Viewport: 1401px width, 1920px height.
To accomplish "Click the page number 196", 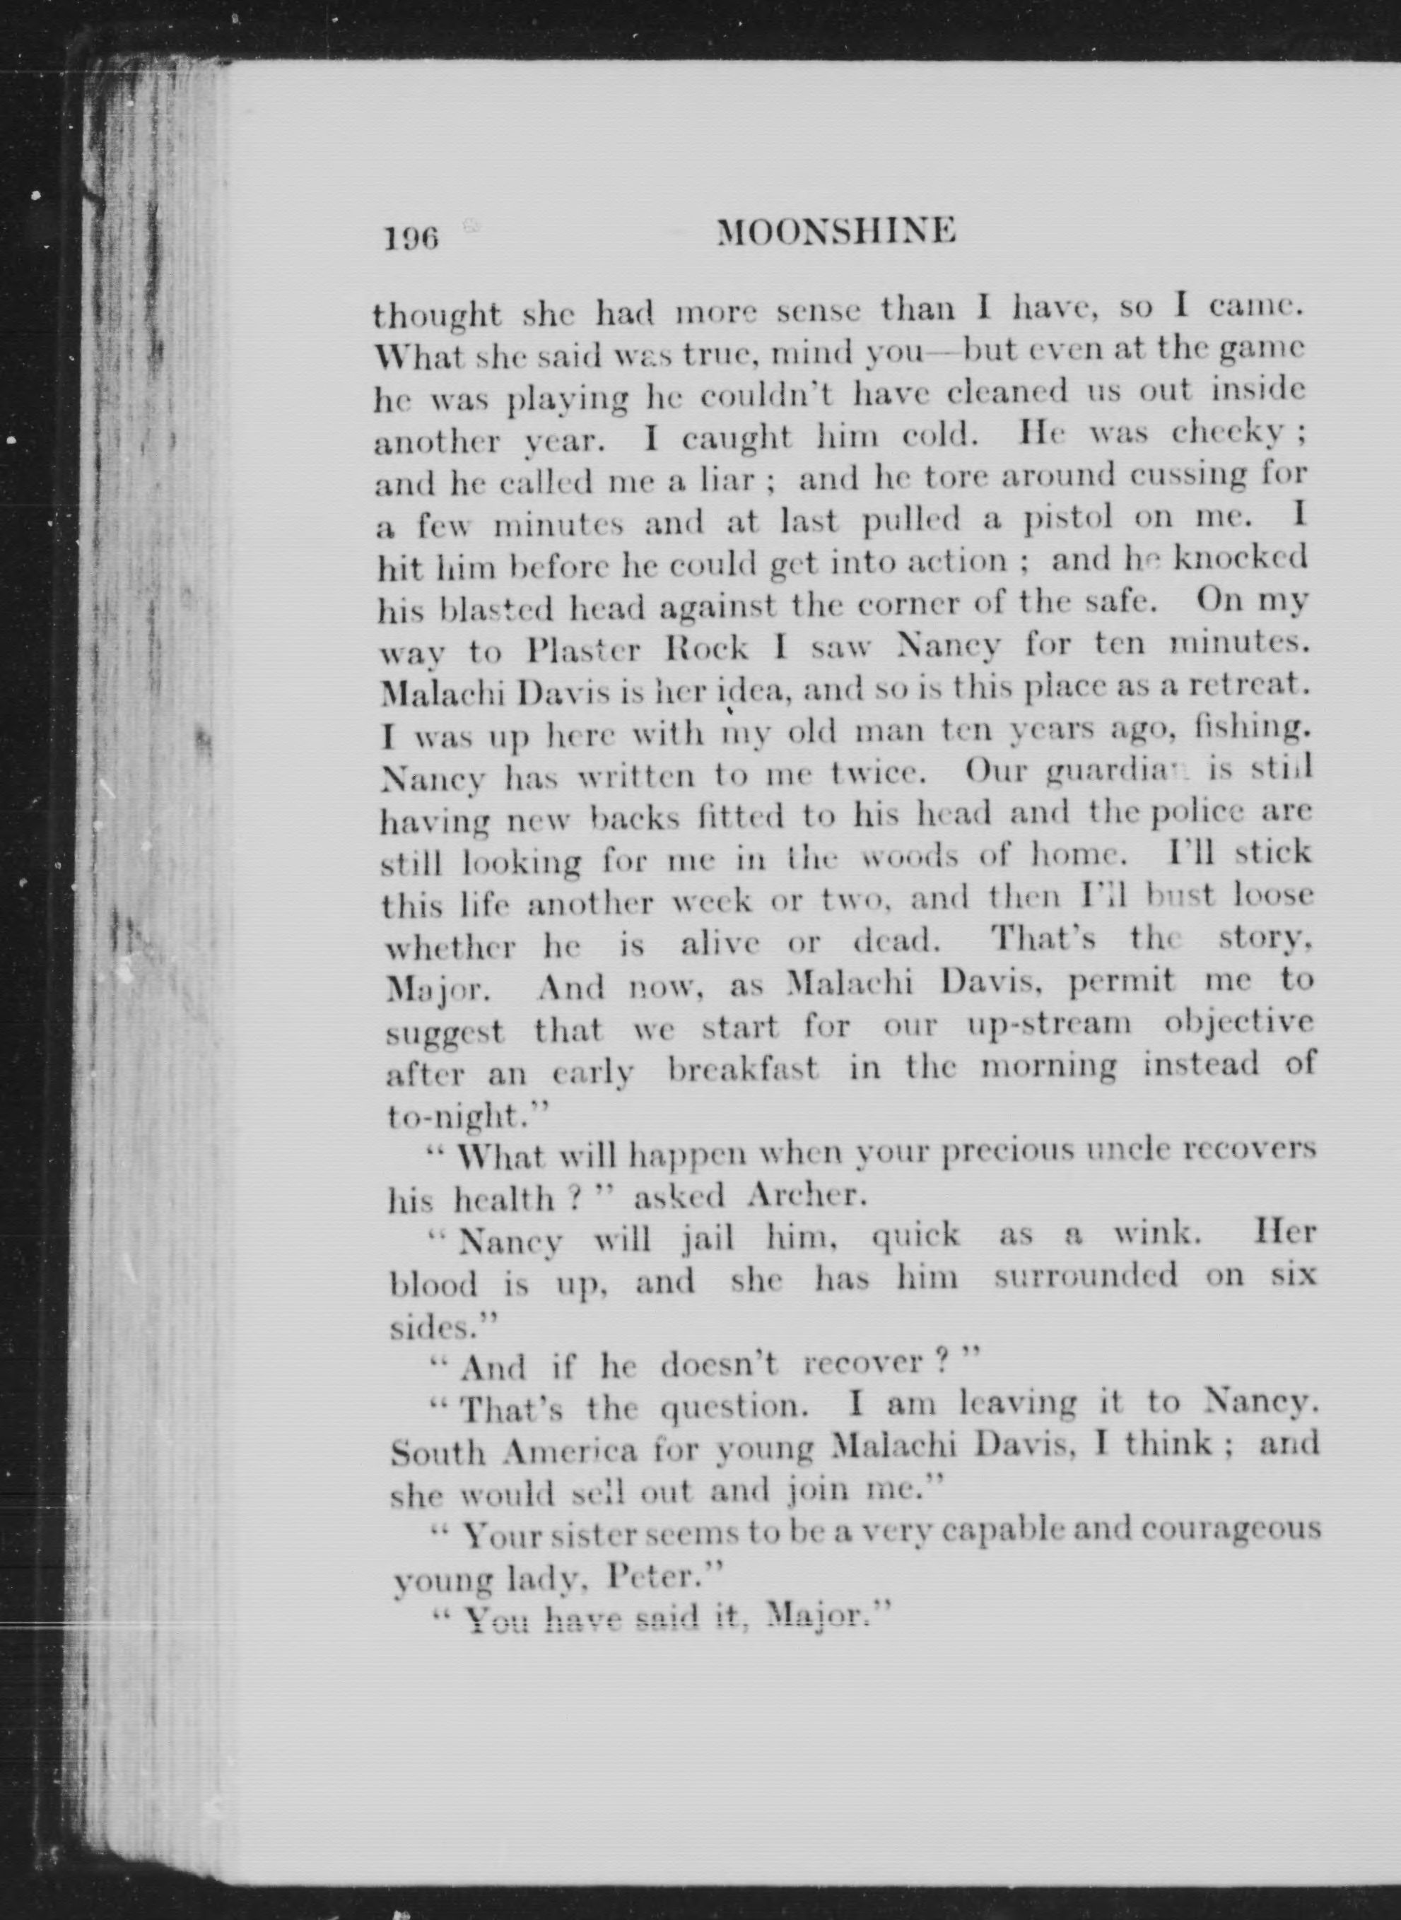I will coord(411,239).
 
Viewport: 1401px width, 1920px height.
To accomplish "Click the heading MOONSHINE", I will coord(836,231).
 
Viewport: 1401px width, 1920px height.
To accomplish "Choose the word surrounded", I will coord(1086,1276).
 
